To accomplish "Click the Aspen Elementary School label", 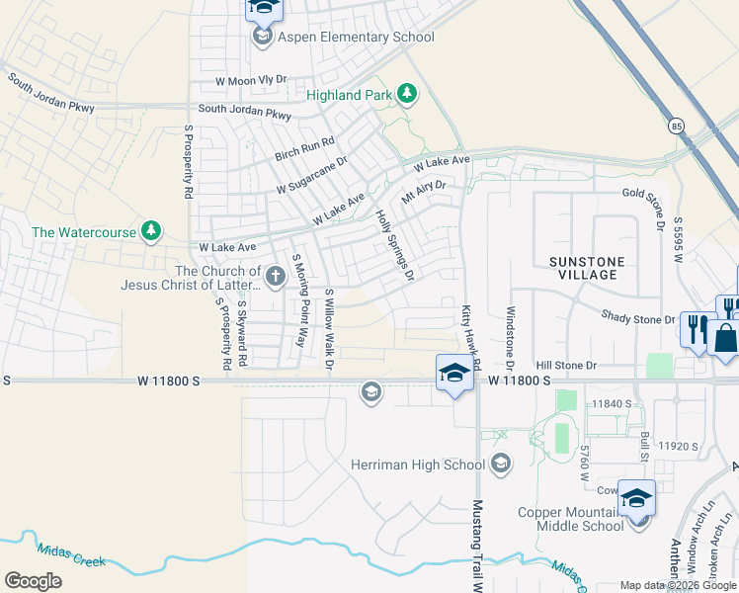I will tap(356, 38).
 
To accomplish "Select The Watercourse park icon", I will tap(150, 231).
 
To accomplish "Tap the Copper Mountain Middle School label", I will tap(572, 519).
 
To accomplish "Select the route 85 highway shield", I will tap(676, 126).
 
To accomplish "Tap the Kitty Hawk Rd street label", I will tap(470, 336).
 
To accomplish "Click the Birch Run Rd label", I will tap(305, 147).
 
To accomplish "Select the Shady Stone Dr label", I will tap(638, 317).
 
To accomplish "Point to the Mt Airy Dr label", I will tap(424, 190).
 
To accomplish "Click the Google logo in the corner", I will tap(33, 581).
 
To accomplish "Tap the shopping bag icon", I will tap(725, 338).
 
